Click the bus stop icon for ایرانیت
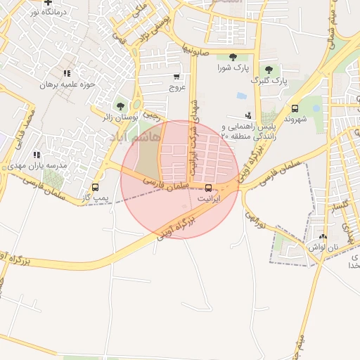click(x=208, y=188)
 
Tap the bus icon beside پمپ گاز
click(x=95, y=187)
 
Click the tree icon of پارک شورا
click(x=233, y=57)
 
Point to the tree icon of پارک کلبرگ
click(x=269, y=70)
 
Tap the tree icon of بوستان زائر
click(x=120, y=105)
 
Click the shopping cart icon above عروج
click(x=176, y=77)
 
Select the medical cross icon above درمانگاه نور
click(x=48, y=2)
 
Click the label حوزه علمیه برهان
click(x=67, y=84)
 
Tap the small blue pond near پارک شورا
click(x=242, y=96)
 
